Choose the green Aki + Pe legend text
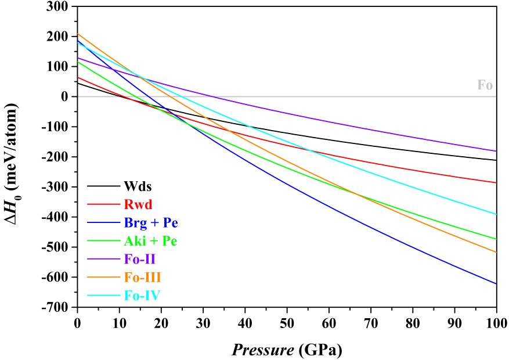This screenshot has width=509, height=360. coord(150,241)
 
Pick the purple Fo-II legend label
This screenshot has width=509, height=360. coord(140,260)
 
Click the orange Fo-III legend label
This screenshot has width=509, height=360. coord(142,278)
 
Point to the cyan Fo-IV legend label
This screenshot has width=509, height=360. coord(142,296)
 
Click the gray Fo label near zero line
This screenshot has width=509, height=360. coord(485,85)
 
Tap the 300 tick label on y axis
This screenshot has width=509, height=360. coord(57,7)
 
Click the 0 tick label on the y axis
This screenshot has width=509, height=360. coord(65,97)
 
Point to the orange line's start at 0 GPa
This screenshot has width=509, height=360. coord(78,34)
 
